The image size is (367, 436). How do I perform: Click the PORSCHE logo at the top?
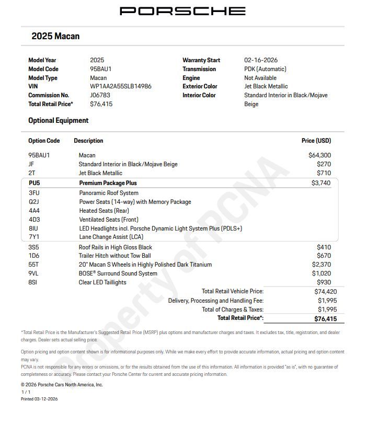tap(182, 11)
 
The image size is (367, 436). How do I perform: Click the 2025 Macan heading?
tap(55, 36)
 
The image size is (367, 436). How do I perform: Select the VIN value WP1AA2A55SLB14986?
tap(121, 86)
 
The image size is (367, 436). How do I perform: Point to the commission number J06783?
tap(100, 95)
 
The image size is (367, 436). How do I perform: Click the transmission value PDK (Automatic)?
tap(265, 69)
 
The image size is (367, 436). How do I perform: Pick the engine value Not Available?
tap(260, 78)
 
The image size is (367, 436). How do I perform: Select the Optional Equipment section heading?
tap(58, 120)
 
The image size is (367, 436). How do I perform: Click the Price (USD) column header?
tap(316, 141)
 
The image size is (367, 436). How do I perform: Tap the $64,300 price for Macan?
tap(319, 155)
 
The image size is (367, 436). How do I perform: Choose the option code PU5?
tap(34, 183)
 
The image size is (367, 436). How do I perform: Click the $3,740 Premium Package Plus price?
tap(321, 183)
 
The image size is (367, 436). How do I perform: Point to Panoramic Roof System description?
tap(109, 193)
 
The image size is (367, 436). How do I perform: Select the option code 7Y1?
tap(34, 237)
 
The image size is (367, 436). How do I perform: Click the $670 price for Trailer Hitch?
tap(324, 256)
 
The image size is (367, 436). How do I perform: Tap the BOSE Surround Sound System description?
tap(118, 273)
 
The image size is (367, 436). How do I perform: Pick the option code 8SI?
tap(33, 282)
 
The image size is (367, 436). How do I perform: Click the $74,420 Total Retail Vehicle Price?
tap(325, 292)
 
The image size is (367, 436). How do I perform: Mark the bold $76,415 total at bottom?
tap(325, 318)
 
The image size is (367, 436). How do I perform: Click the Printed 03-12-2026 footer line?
tap(39, 399)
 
